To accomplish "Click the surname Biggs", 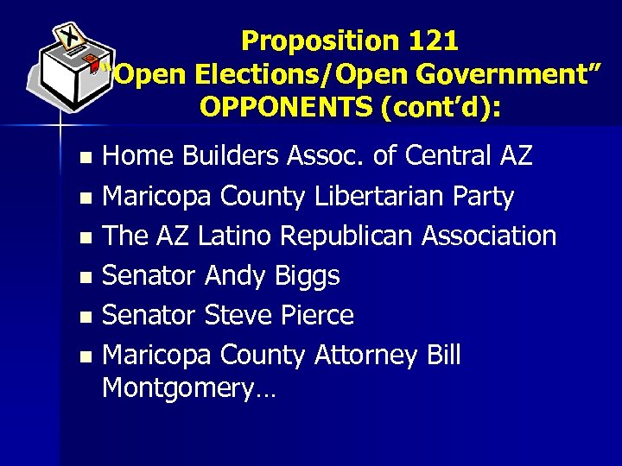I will (x=307, y=275).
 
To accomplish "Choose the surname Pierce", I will (x=317, y=315).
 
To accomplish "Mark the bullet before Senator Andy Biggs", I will (x=85, y=277).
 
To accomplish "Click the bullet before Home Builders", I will (x=85, y=158).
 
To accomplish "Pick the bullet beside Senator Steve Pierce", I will (x=85, y=317).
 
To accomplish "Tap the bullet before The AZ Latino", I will (x=85, y=237).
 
